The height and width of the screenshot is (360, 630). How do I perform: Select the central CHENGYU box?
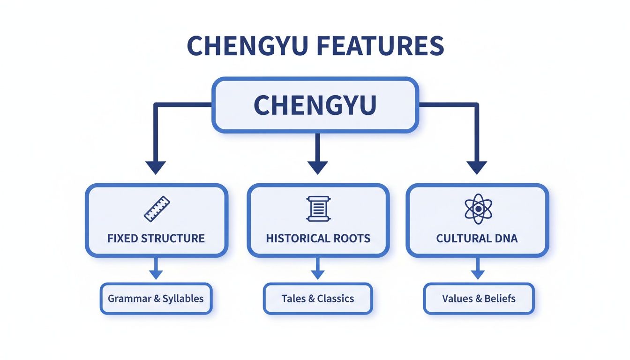click(315, 105)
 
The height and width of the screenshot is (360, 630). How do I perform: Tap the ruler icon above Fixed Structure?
click(157, 209)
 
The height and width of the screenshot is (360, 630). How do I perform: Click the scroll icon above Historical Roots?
click(318, 209)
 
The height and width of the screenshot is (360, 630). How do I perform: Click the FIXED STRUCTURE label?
click(156, 238)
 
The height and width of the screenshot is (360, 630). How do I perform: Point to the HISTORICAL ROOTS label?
click(318, 238)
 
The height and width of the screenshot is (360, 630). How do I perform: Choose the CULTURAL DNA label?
click(477, 238)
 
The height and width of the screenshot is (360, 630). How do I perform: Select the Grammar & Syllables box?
click(156, 299)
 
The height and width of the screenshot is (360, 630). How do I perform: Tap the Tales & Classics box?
click(318, 299)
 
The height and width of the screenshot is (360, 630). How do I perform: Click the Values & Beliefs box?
click(479, 299)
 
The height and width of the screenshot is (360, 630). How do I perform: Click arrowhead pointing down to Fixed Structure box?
click(156, 167)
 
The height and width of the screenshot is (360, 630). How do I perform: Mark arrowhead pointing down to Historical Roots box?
click(317, 167)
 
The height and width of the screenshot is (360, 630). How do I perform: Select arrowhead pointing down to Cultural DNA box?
click(477, 167)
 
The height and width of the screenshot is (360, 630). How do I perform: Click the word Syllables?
click(183, 299)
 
